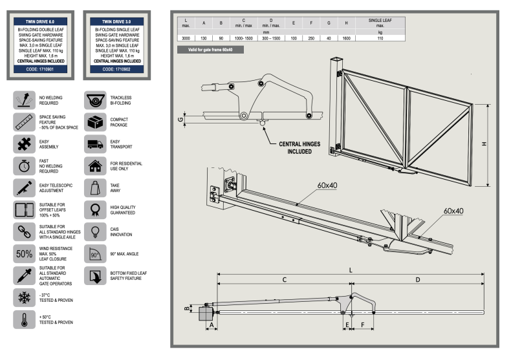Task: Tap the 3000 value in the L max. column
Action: tap(186, 38)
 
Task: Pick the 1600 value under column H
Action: tap(346, 38)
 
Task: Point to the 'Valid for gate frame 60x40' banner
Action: tap(206, 50)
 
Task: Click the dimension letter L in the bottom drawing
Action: tap(351, 270)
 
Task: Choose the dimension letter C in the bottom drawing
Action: tap(285, 280)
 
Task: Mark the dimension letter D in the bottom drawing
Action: tap(418, 280)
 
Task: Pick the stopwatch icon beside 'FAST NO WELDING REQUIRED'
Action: tap(23, 166)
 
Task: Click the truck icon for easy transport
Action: tap(96, 143)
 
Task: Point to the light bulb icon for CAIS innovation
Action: tap(96, 231)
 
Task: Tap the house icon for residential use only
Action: tap(96, 166)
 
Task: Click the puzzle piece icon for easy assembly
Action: tap(23, 143)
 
